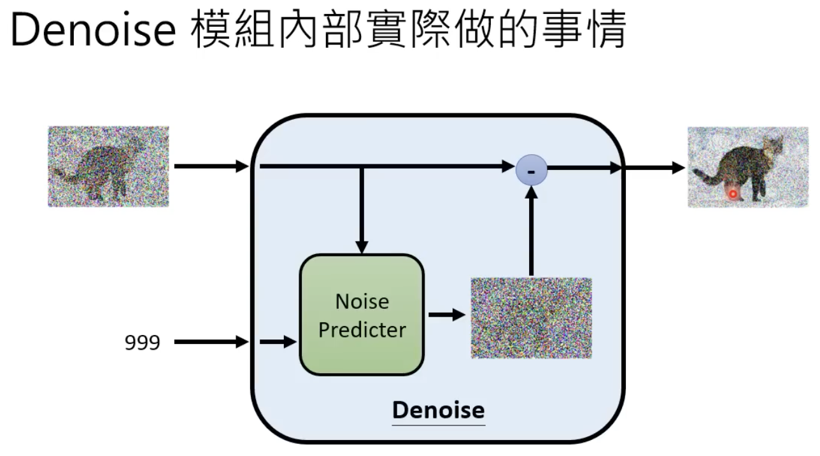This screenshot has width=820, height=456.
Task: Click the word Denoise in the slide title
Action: (93, 30)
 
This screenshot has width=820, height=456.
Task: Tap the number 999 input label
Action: (142, 343)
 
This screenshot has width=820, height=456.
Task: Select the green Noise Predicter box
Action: (362, 315)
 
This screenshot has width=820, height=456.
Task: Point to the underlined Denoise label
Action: (438, 410)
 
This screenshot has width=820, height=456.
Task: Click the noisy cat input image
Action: (108, 166)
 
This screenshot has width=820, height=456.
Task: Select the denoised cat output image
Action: (747, 167)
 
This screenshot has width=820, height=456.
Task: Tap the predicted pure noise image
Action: (531, 317)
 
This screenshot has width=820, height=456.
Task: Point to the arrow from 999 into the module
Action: (211, 342)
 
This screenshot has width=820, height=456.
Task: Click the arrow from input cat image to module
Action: (211, 167)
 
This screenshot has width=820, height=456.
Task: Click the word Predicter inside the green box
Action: (362, 330)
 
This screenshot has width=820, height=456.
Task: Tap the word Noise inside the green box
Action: (362, 301)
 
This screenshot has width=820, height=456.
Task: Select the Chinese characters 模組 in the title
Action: (234, 30)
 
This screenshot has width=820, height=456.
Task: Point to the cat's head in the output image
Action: (775, 146)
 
